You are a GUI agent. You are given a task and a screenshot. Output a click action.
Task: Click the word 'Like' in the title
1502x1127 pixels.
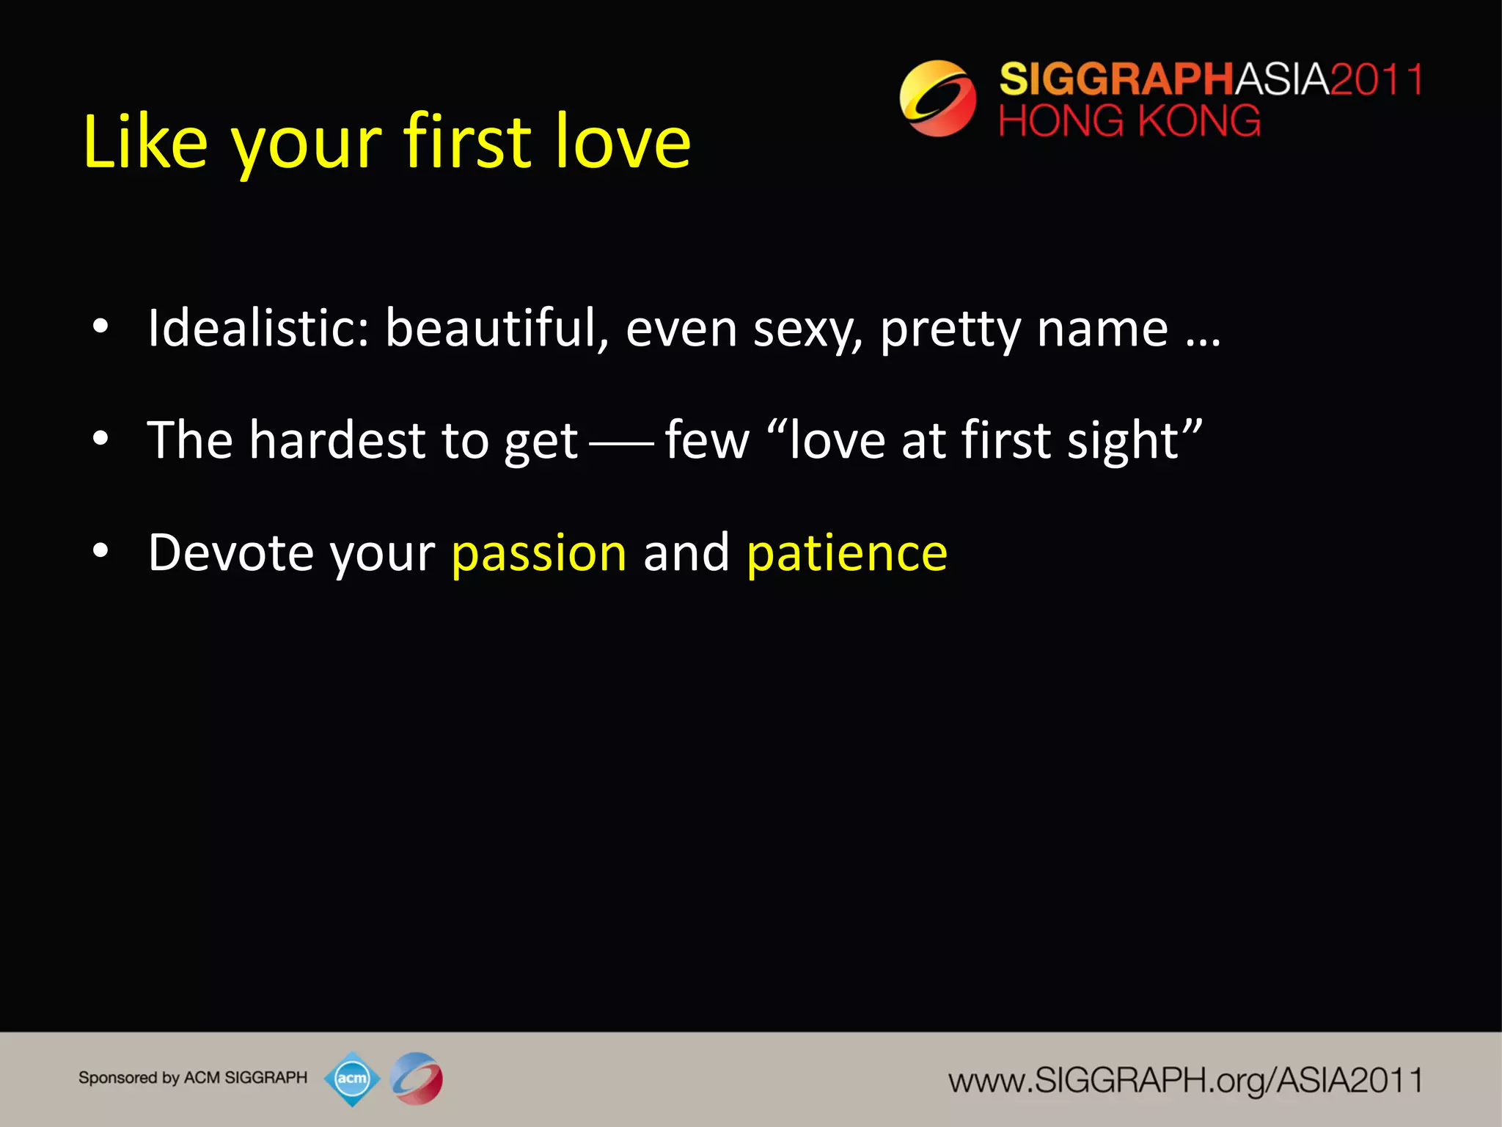[145, 141]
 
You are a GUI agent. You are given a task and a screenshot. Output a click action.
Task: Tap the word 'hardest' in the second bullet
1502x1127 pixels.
[337, 440]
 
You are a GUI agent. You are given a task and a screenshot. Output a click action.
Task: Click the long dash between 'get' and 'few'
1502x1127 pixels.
[621, 443]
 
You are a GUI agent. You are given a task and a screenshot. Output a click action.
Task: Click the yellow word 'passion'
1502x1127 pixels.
[539, 554]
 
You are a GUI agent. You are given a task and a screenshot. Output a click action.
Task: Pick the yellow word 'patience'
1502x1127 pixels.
[847, 554]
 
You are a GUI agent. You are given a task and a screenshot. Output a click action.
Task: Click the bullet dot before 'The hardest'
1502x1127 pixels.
[100, 439]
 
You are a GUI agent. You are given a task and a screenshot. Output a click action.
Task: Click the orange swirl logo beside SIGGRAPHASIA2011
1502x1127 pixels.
[937, 98]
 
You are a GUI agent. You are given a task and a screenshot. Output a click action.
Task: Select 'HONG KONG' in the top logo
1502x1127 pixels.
[1129, 121]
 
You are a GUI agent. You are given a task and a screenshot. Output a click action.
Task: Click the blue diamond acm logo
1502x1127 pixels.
[352, 1079]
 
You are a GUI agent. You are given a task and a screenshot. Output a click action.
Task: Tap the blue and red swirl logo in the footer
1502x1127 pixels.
[417, 1079]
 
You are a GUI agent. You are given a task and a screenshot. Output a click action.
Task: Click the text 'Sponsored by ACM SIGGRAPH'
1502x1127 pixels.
[193, 1078]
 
